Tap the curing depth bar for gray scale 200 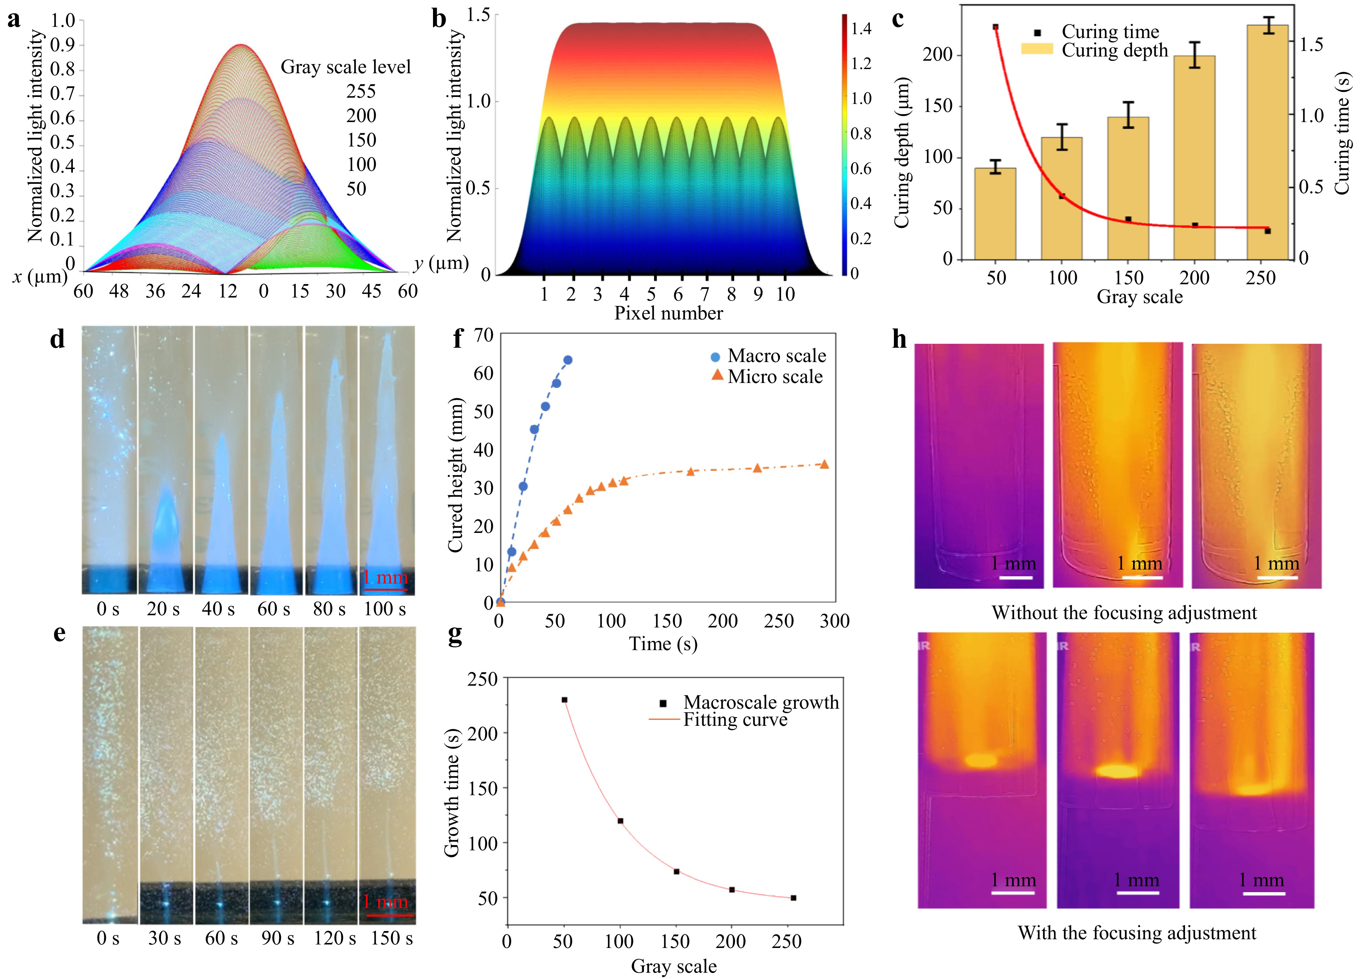1194,158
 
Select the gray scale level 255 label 361,92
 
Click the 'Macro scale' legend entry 776,356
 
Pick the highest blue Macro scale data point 568,360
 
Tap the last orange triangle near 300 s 824,464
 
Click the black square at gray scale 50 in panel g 564,700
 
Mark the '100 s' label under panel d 385,609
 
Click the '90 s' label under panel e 278,938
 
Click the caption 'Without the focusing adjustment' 1124,613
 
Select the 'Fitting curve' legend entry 735,720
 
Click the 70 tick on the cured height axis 484,335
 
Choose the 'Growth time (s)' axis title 452,793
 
